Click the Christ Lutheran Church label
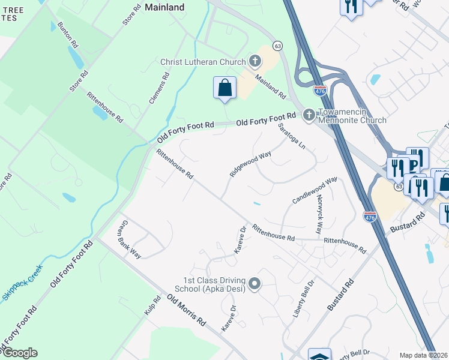203,62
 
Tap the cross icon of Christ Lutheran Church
255,61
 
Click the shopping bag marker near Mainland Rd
224,88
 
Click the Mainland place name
164,7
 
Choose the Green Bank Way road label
128,239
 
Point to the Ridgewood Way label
250,164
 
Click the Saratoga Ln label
292,137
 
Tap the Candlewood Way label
315,190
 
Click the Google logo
20,353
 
